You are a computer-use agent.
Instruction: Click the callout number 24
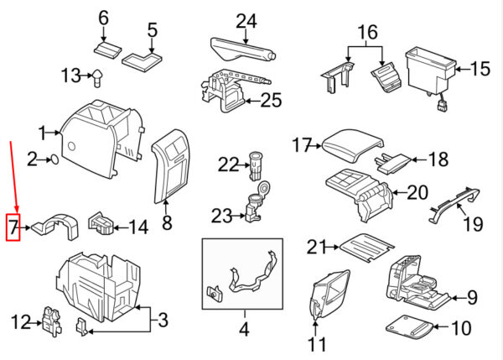click(246, 21)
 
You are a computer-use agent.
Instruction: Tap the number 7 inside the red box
click(13, 227)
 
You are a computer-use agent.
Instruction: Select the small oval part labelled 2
click(54, 159)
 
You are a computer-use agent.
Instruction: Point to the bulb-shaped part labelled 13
click(98, 78)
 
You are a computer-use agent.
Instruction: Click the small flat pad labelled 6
click(108, 50)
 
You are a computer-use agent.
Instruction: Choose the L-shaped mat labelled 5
click(142, 61)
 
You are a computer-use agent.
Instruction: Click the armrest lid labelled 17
click(353, 145)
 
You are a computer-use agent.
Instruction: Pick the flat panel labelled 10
click(409, 326)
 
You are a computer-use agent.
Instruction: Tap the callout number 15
click(480, 69)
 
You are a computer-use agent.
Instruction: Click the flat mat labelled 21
click(366, 248)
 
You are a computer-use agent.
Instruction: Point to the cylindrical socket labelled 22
click(255, 166)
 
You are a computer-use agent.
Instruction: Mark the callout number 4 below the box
click(244, 328)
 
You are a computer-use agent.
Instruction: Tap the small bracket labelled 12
click(52, 321)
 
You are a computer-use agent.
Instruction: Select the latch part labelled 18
click(392, 163)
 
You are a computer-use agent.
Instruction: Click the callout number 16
click(368, 32)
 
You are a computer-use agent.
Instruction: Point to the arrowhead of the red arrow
click(17, 210)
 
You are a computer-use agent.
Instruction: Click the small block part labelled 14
click(101, 224)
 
